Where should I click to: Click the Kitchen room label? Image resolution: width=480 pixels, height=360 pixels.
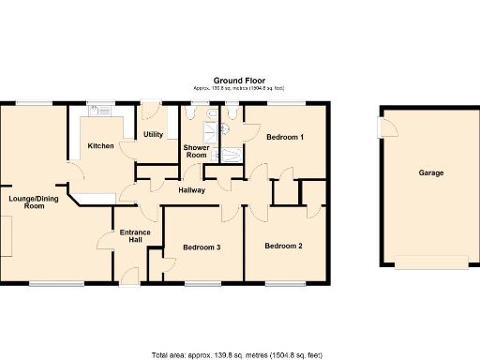point(100,146)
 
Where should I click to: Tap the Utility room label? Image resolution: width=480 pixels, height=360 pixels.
point(154,134)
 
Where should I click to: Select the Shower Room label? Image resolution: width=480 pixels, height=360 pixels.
point(196,151)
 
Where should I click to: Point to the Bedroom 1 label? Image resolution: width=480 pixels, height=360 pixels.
point(285,137)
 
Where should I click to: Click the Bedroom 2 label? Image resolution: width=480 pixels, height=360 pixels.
point(282,247)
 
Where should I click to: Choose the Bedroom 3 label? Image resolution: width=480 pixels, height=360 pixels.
point(202,247)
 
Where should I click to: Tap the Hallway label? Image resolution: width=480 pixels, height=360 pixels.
point(191,190)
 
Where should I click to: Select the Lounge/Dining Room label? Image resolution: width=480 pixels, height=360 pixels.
point(27,202)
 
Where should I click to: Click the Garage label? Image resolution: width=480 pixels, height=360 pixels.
point(430,172)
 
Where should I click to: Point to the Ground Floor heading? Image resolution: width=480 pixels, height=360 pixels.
point(239,80)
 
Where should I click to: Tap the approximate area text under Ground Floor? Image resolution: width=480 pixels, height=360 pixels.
point(239,88)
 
